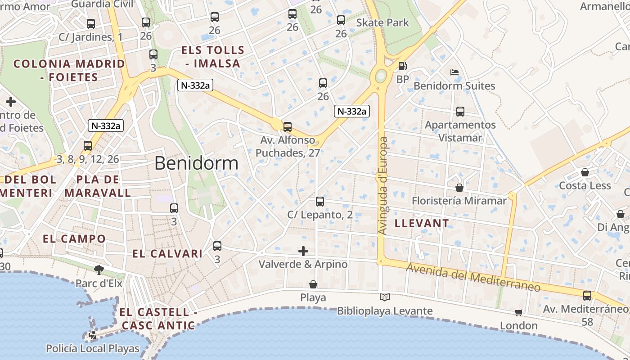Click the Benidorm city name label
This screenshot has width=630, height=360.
[196, 163]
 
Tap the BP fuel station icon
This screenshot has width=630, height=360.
[402, 67]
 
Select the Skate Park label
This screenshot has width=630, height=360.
[382, 22]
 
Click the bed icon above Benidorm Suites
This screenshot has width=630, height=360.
[454, 72]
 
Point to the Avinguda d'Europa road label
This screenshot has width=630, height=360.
[383, 186]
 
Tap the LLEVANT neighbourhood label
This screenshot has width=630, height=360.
[422, 223]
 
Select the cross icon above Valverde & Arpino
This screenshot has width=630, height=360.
[303, 251]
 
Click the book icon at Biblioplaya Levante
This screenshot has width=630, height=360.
[385, 297]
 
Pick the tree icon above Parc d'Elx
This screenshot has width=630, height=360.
[99, 270]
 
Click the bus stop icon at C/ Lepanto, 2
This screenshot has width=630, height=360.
[320, 202]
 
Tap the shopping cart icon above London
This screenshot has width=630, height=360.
[519, 312]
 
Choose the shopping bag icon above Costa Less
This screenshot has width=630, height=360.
[585, 172]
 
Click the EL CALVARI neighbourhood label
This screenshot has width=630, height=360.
[167, 254]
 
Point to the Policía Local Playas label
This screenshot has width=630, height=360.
[93, 348]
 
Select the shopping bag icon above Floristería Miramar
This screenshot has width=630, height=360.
[459, 187]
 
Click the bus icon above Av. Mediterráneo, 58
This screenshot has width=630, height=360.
[587, 296]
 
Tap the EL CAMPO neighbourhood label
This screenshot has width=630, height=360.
[74, 239]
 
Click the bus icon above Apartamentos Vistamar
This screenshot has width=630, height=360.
[460, 112]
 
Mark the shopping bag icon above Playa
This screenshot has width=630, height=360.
[313, 284]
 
